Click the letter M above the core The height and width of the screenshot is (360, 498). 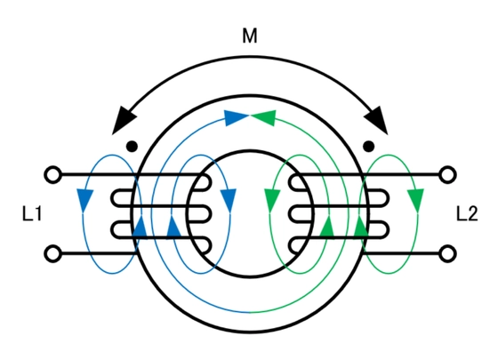(250, 36)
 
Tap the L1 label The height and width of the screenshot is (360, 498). (32, 213)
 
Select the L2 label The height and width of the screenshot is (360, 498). (467, 213)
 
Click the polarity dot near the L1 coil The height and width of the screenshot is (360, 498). (132, 147)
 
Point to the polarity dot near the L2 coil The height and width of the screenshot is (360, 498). (368, 147)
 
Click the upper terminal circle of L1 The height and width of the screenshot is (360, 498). (52, 174)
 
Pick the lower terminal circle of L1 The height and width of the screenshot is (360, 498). (52, 253)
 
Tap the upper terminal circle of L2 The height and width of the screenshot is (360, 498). (447, 174)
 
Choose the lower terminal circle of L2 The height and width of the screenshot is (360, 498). (447, 253)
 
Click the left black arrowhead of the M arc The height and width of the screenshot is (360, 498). (123, 123)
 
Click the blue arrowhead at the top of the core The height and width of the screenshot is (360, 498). (235, 117)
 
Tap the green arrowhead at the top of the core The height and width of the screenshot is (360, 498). (264, 117)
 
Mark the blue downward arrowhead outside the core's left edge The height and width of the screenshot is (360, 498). (84, 200)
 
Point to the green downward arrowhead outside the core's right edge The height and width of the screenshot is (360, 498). (416, 200)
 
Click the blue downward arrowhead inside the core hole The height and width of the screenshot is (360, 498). (229, 200)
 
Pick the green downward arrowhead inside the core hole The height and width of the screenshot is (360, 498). (272, 200)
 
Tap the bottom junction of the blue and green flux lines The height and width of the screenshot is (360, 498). (250, 312)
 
